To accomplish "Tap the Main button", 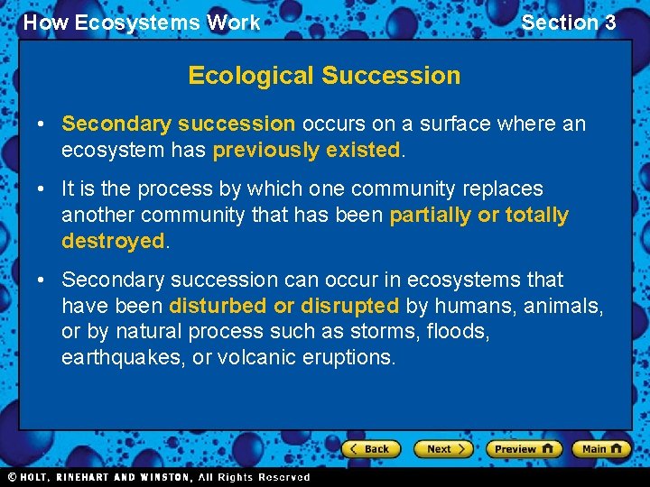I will tap(600, 448).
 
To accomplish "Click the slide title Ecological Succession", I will tap(324, 76).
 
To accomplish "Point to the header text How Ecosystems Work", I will tap(141, 23).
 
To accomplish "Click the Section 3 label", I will tap(569, 23).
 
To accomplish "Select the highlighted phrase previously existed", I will tap(306, 150).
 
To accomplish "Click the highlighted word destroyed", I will tap(113, 241).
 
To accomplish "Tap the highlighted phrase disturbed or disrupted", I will tap(283, 306).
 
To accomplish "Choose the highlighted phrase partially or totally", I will tap(478, 215).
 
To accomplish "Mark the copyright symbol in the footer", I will tap(12, 477).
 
